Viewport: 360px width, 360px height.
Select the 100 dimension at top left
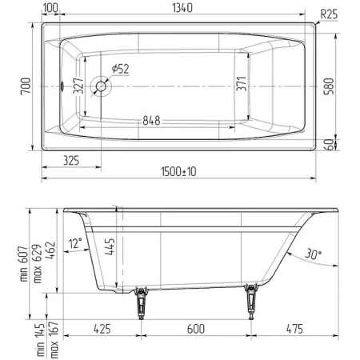tap(50, 7)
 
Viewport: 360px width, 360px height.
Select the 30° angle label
tap(312, 255)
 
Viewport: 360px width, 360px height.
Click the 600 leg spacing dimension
tap(197, 328)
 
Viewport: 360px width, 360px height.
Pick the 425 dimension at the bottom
tap(102, 328)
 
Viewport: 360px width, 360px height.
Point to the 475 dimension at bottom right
tap(295, 328)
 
